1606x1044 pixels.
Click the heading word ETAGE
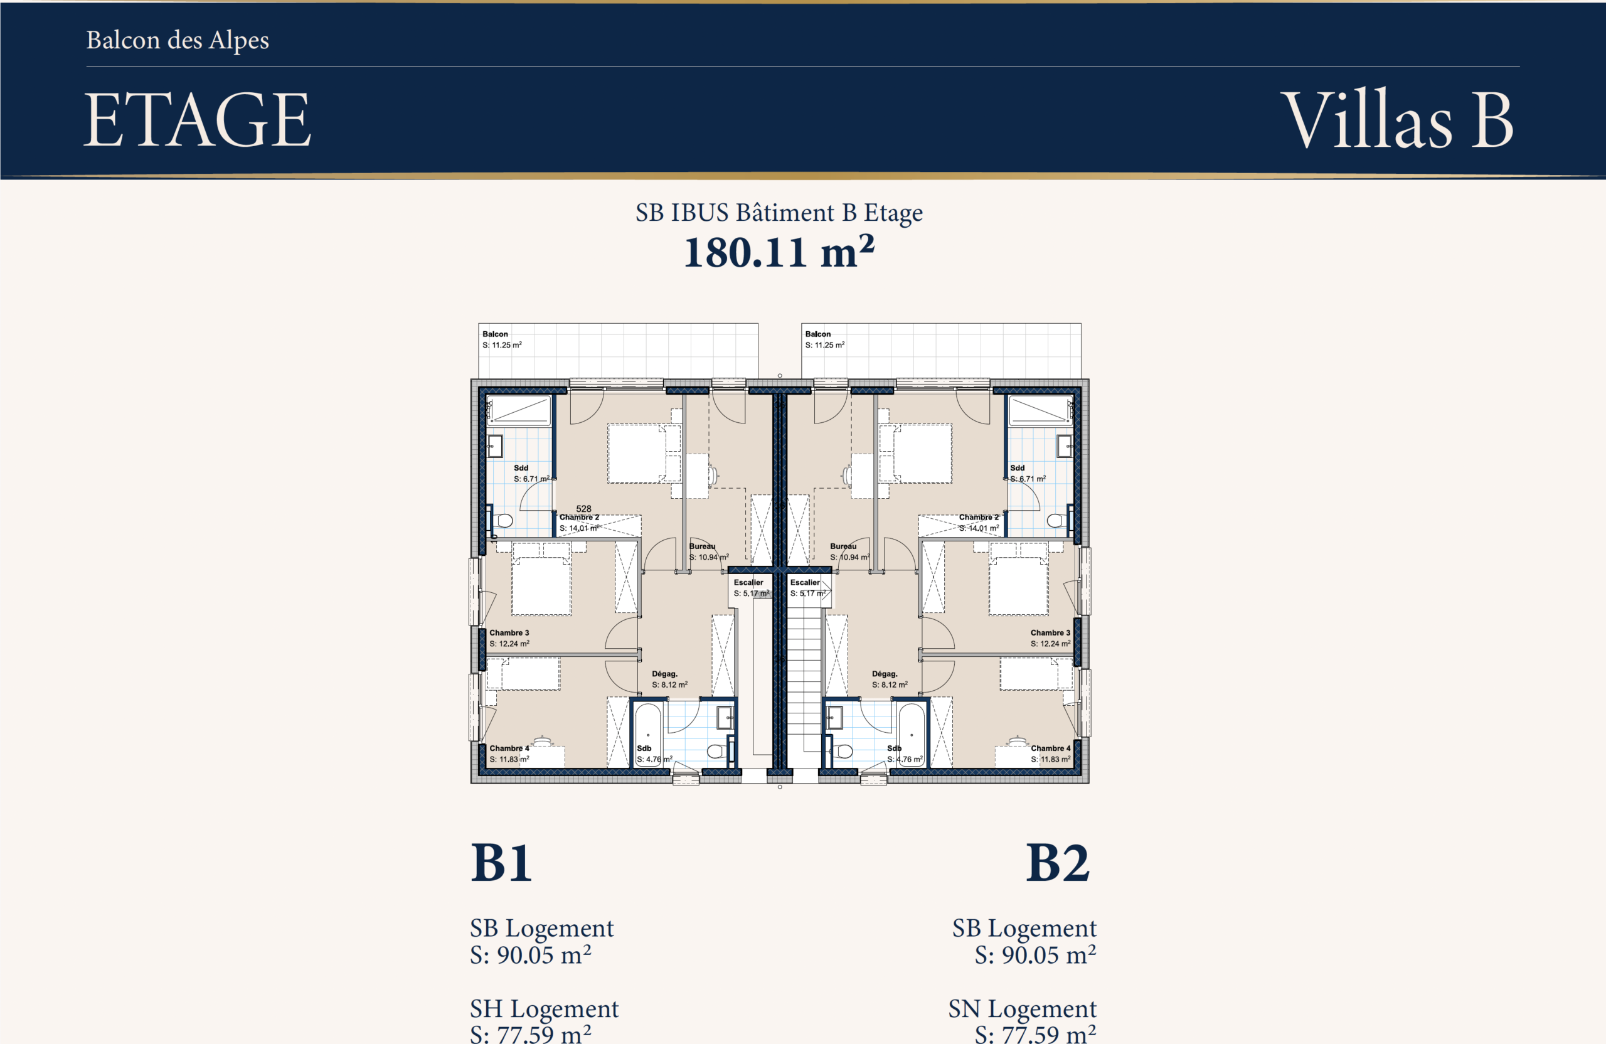197,119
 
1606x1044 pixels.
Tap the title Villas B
1398,119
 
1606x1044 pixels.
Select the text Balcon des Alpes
178,41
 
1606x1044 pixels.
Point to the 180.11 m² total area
779,252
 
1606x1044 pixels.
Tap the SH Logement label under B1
544,1009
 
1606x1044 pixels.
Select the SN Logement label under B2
1023,1009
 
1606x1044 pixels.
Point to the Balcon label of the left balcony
496,334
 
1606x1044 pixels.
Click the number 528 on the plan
583,509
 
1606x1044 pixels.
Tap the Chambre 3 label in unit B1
509,633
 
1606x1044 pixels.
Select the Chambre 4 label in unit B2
1051,748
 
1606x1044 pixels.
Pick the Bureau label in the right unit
844,546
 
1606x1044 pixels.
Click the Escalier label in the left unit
748,582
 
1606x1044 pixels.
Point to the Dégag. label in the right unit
885,674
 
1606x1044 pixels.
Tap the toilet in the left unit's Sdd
502,520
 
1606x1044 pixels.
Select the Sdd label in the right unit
1018,468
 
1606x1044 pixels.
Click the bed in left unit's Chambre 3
541,580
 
